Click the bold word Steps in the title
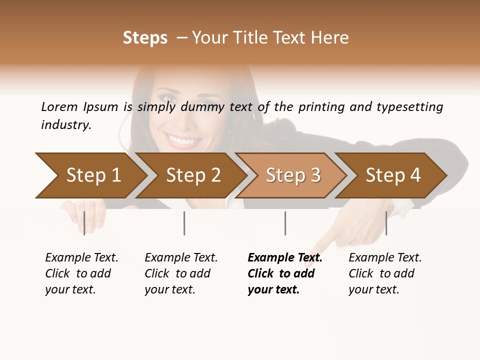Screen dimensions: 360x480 (145, 38)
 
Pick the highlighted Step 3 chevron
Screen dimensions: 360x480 (293, 175)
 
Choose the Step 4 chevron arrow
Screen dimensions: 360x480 (393, 175)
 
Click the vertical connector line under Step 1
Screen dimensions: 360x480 (84, 223)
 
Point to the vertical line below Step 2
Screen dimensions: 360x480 (184, 223)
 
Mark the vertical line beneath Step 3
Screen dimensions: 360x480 (285, 223)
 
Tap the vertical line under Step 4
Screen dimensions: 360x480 (386, 223)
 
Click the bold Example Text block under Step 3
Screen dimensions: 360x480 (285, 273)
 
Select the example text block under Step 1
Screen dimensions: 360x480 (81, 273)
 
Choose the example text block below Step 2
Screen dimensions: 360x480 (181, 273)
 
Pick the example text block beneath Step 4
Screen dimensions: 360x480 (385, 273)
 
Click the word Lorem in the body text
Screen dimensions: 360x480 (59, 106)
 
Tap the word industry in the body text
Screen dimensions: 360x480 (65, 125)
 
